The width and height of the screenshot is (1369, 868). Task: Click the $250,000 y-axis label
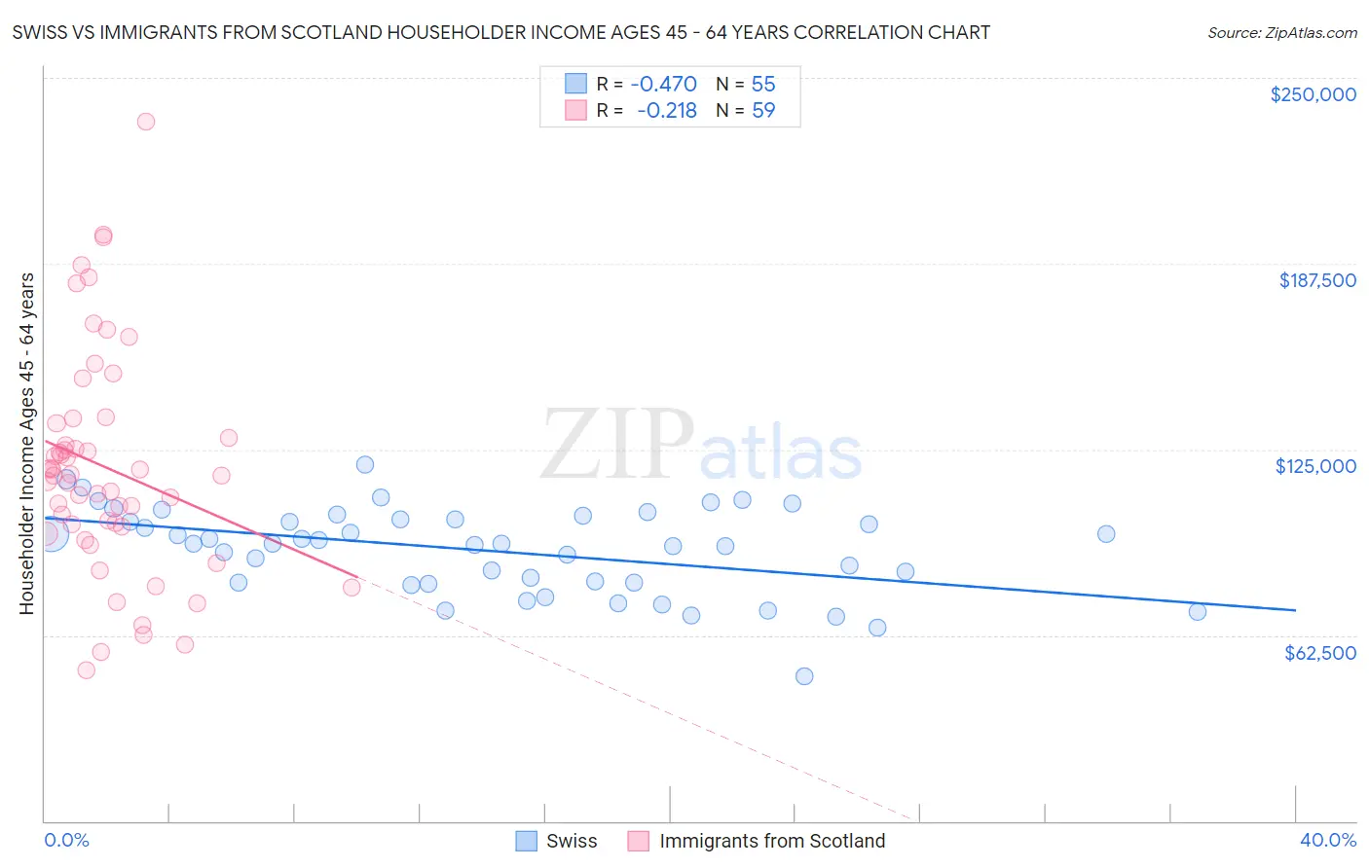click(x=1313, y=94)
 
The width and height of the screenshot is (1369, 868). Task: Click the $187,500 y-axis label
click(x=1317, y=280)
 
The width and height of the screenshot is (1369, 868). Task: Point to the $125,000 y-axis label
click(x=1315, y=466)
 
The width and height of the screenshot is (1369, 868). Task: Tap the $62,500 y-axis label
click(x=1320, y=653)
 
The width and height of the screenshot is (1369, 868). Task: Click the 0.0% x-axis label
click(x=66, y=840)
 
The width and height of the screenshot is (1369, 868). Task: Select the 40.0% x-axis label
click(x=1327, y=840)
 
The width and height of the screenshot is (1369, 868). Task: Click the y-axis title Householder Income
click(x=26, y=444)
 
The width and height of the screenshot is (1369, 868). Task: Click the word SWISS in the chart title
click(x=38, y=33)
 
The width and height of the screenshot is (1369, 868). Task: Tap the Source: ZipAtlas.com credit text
click(x=1281, y=33)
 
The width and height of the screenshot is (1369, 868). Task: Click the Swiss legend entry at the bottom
click(x=572, y=841)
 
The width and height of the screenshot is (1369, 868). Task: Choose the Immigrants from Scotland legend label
click(x=772, y=841)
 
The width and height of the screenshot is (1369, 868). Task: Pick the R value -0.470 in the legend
click(x=664, y=84)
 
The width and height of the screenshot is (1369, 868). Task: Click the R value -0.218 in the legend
click(x=667, y=111)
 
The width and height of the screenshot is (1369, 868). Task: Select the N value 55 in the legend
click(x=763, y=84)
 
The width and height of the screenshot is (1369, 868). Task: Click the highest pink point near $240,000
click(x=146, y=122)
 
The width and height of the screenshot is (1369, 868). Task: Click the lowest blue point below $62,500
click(x=804, y=676)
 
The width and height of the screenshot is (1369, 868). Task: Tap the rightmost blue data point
click(x=1198, y=612)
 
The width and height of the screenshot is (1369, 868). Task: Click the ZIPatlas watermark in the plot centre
click(x=701, y=446)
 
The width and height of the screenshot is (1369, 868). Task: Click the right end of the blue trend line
click(x=1295, y=610)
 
